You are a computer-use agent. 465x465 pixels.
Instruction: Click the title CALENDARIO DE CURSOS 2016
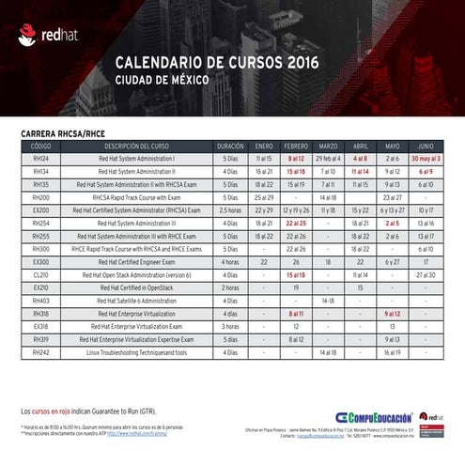(217, 63)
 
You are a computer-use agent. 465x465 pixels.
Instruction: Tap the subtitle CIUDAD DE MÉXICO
(165, 81)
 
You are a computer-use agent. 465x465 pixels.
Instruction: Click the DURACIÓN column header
(230, 147)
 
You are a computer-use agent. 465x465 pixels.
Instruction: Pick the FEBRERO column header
(296, 147)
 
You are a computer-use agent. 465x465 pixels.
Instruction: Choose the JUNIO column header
(425, 147)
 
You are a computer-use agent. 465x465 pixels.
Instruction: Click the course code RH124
(40, 160)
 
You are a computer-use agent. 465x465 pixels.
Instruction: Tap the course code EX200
(40, 210)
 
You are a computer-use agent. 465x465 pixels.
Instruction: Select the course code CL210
(40, 274)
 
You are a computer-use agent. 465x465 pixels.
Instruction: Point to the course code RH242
(40, 351)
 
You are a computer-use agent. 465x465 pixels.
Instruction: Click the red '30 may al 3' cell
(425, 160)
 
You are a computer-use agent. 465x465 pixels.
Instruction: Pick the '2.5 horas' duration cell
(230, 210)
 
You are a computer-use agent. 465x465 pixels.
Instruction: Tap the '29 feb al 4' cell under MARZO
(328, 160)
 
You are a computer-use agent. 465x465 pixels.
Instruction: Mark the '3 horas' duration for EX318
(230, 326)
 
